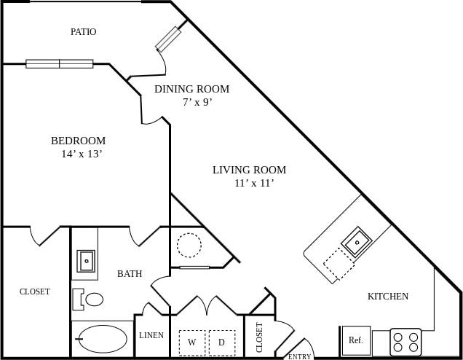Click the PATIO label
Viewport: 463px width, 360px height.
coord(83,32)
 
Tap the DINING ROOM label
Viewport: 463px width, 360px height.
coord(191,89)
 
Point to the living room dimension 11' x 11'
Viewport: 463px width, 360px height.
coord(253,183)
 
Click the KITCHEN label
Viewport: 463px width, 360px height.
coord(387,296)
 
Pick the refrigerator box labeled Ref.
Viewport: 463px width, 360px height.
coord(356,340)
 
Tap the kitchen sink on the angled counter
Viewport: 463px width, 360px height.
coord(357,242)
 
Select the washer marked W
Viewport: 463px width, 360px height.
coord(192,342)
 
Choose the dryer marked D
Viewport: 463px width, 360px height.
coord(222,342)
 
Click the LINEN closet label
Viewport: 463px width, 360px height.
coord(151,336)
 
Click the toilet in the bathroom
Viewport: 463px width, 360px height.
coord(90,299)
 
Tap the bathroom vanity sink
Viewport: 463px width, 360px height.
coord(86,260)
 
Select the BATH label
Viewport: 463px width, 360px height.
coord(130,274)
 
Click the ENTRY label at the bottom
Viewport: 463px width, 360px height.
coord(299,356)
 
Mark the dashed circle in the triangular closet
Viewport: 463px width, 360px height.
coord(189,245)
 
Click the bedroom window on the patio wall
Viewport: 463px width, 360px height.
coord(60,63)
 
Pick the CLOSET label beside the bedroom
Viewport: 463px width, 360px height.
coord(35,291)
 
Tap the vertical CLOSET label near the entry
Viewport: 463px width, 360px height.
coord(260,337)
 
